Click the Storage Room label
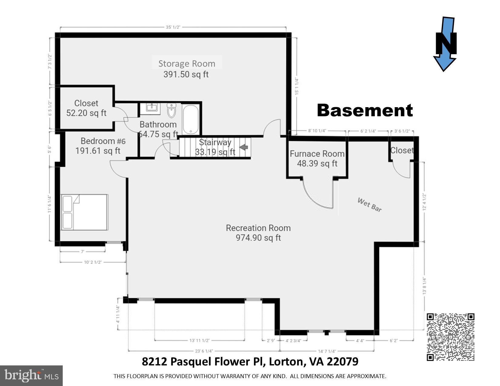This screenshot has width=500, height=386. pos(187,64)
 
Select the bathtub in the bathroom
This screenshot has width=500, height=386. pos(191,119)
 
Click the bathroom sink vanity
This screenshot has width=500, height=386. pos(151,108)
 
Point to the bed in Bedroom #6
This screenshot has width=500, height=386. pos(85,212)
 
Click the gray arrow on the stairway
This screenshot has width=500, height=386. pos(244,147)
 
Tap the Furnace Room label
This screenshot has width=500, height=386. pos(317,154)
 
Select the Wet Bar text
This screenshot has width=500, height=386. pos(369,205)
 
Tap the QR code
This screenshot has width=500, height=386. pos(450,337)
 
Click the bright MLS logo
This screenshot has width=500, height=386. pos(31,376)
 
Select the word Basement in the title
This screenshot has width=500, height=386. pos(365,111)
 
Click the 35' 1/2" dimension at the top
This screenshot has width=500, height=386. pos(173,27)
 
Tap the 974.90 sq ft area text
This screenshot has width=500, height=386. pos(258,238)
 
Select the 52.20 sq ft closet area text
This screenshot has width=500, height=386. pos(86,113)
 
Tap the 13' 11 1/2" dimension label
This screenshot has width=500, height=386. pos(199,341)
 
